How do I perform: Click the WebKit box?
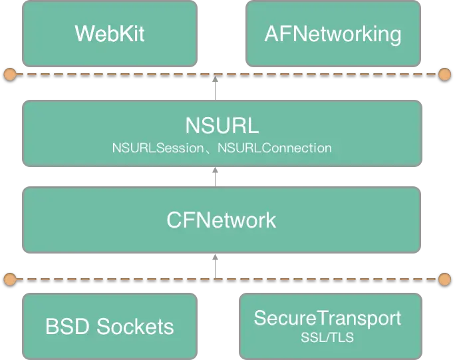pos(110,33)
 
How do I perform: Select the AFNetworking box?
pos(333,33)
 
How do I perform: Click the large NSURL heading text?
pos(222,126)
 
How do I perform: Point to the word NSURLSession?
pos(156,148)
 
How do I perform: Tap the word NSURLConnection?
pos(274,148)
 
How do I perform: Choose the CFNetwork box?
pos(222,220)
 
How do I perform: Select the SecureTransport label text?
pos(327,318)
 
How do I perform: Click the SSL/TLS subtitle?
pos(327,338)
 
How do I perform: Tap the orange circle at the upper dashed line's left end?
pos(9,74)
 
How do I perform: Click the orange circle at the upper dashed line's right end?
pos(445,74)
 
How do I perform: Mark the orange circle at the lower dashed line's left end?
pos(9,278)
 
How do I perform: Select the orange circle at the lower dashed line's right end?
pos(445,278)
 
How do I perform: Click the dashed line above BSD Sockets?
pos(133,278)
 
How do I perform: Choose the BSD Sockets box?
pos(110,326)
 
